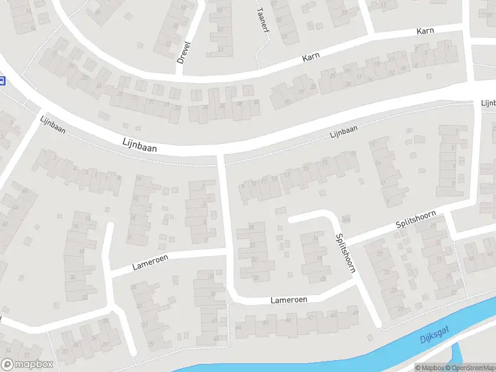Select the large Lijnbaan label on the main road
pos(139,145)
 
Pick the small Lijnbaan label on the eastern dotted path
pos(344,132)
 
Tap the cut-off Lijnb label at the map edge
pos(488,102)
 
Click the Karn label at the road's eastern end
pos(425,30)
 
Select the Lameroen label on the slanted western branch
pos(149,262)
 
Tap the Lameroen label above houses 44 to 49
pos(289,300)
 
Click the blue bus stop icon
pos(2,80)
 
